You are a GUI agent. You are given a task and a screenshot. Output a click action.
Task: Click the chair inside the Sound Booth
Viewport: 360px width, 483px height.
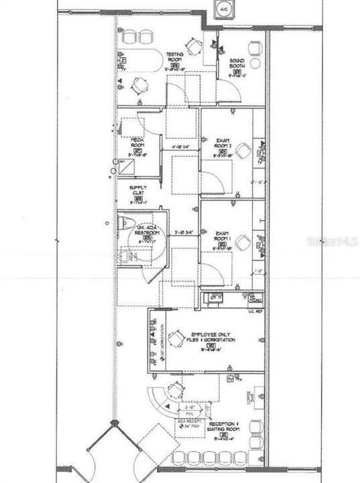(255, 48)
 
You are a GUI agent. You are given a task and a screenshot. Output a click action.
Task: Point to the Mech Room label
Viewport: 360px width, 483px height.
(138, 142)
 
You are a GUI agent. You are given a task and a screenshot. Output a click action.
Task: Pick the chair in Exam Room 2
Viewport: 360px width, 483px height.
(244, 150)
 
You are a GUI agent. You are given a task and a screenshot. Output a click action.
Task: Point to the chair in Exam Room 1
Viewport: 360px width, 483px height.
(244, 241)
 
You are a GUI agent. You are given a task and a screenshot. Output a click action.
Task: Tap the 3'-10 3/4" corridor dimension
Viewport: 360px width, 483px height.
(183, 233)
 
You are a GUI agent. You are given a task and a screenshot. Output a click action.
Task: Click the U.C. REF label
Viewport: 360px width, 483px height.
(253, 311)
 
